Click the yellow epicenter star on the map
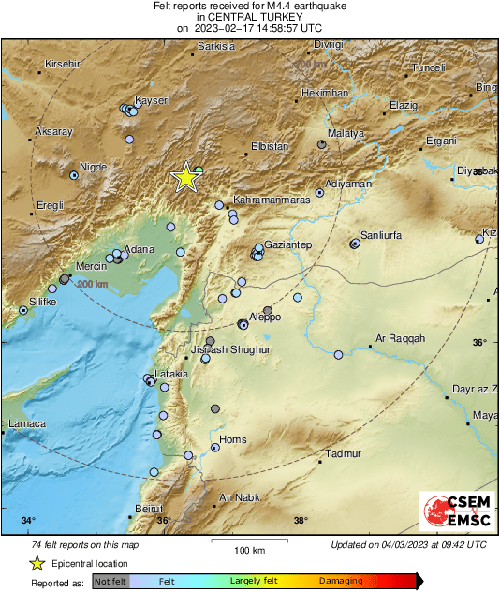click(x=186, y=177)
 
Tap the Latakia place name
click(x=170, y=374)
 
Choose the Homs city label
click(x=232, y=439)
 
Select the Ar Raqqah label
click(x=400, y=338)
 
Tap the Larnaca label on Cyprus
click(x=25, y=424)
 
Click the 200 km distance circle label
click(x=93, y=283)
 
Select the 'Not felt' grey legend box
click(x=110, y=582)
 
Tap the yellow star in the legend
click(x=37, y=563)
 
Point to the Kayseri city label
click(x=152, y=99)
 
